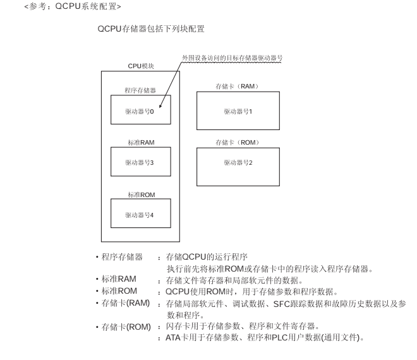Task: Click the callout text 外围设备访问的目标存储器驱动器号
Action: [231, 57]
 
